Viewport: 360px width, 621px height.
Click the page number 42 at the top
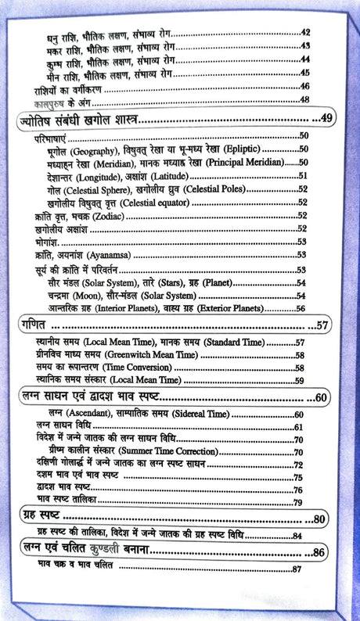(x=306, y=32)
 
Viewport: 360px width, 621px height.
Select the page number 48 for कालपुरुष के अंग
(x=306, y=99)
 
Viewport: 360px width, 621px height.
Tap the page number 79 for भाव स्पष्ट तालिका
(x=298, y=501)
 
